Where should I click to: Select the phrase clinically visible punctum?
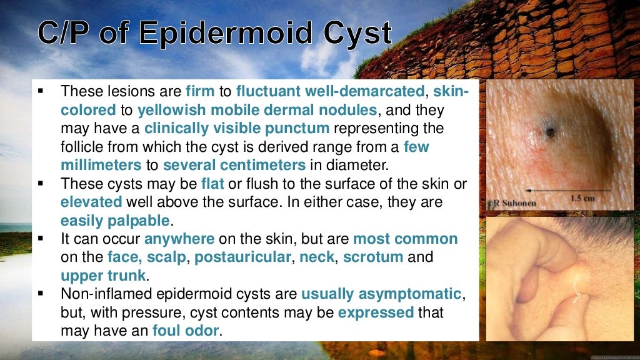click(x=237, y=129)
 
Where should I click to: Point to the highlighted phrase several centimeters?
click(x=234, y=166)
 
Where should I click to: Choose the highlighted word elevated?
click(x=91, y=202)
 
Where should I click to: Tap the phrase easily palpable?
click(x=115, y=221)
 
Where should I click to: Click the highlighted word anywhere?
click(x=179, y=239)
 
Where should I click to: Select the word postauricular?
click(x=242, y=257)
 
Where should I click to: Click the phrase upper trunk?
click(x=103, y=276)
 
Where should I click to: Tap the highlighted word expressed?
click(x=376, y=312)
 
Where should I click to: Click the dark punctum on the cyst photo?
click(x=550, y=132)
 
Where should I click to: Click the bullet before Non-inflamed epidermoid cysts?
click(x=41, y=294)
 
